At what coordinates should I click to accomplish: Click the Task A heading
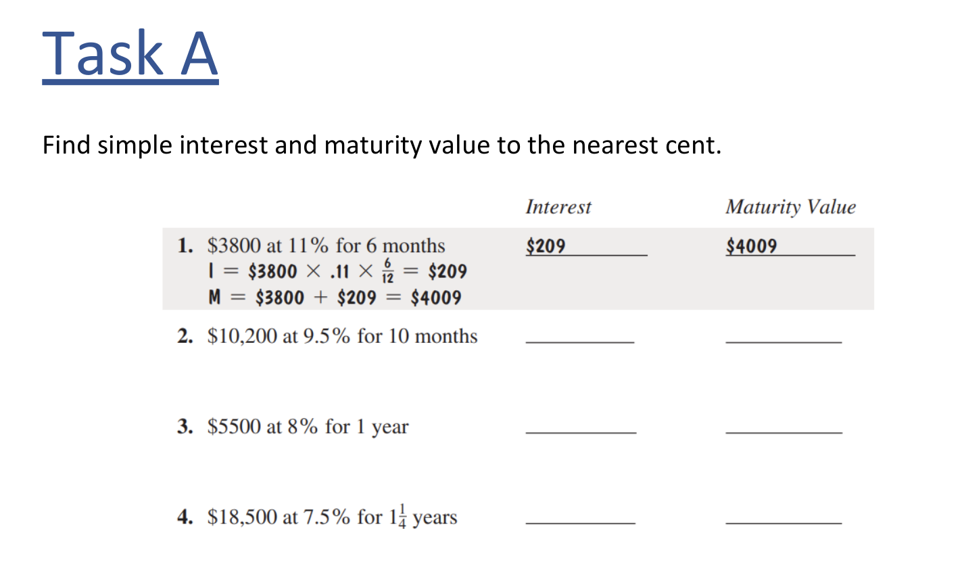coord(130,54)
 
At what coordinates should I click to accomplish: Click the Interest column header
coord(558,207)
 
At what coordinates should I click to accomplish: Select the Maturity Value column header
coord(790,207)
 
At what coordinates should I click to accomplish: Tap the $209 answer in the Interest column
coord(546,246)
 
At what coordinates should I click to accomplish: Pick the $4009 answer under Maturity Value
coord(751,246)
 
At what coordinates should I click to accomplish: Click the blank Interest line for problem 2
coord(579,341)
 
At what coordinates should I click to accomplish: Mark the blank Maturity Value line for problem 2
coord(784,341)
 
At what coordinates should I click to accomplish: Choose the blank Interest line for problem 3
coord(581,431)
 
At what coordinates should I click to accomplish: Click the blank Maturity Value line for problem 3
coord(784,431)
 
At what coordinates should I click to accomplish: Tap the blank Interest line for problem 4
coord(580,522)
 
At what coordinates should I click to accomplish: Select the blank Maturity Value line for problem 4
coord(784,522)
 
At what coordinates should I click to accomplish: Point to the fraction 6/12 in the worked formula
coord(387,271)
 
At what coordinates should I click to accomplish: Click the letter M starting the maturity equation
coord(215,298)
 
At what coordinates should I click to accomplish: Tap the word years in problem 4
coord(435,518)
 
